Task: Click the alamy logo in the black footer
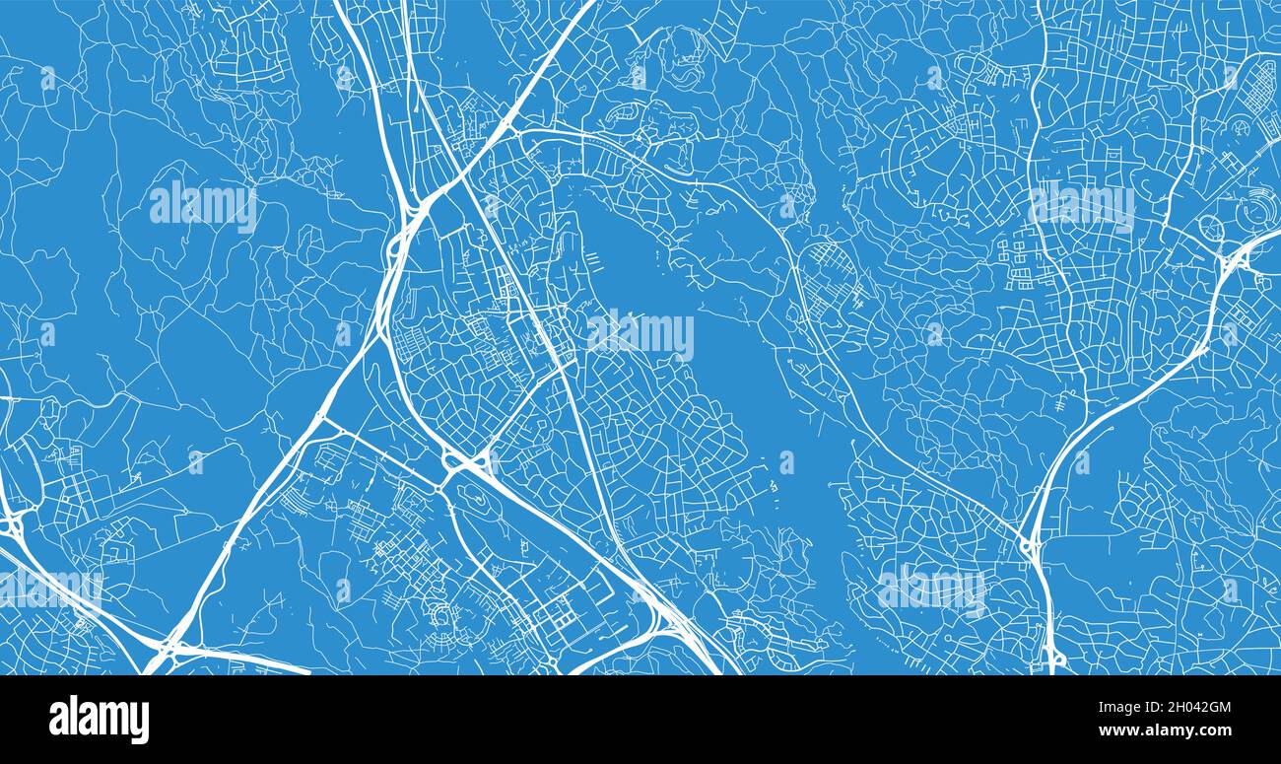pyautogui.click(x=99, y=720)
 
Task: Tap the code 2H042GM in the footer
pyautogui.click(x=1193, y=707)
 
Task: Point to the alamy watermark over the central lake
pyautogui.click(x=640, y=335)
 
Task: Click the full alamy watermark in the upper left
pyautogui.click(x=203, y=205)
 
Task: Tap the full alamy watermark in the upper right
pyautogui.click(x=1081, y=205)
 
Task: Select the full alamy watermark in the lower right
pyautogui.click(x=931, y=589)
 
